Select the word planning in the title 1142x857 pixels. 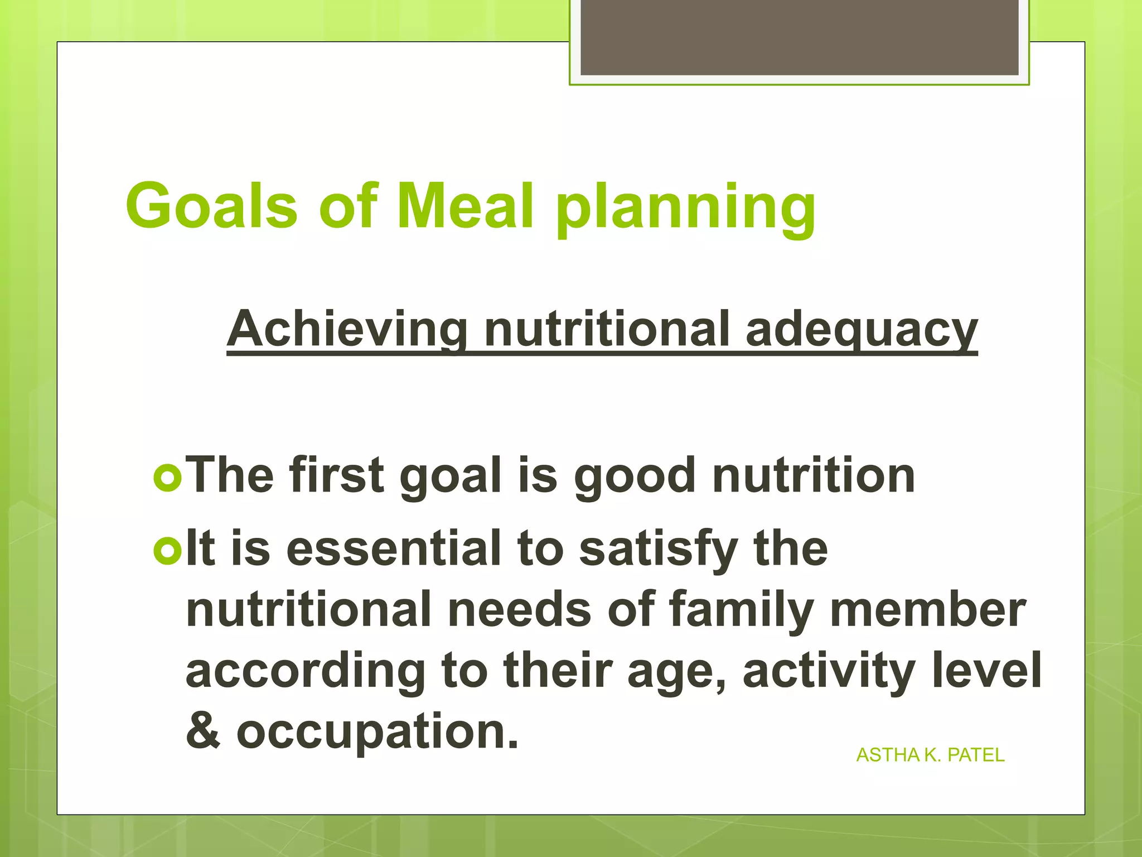click(685, 209)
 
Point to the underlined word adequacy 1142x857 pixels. click(861, 330)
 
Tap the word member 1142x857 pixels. click(928, 609)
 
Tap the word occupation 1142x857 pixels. click(377, 732)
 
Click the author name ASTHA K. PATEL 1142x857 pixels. click(930, 755)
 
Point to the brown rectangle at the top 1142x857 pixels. click(799, 37)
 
